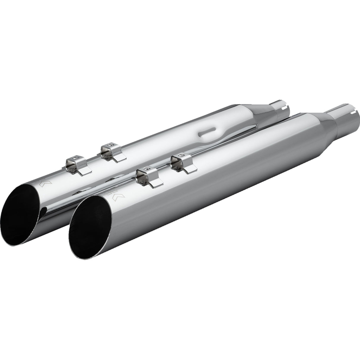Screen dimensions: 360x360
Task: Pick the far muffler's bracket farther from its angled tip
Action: pos(111,151)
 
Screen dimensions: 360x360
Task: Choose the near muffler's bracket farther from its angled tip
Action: pos(181,163)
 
